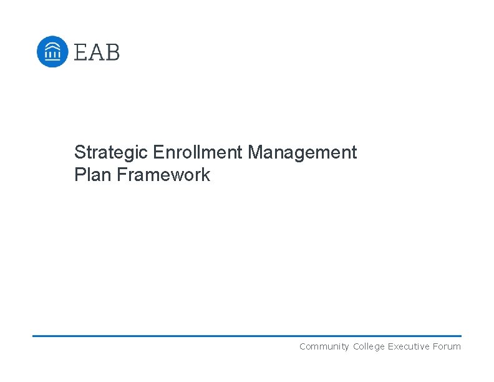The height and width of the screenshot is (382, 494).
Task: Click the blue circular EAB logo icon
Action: (52, 51)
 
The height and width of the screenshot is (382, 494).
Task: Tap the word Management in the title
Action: (303, 152)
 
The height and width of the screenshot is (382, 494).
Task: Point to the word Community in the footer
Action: (324, 346)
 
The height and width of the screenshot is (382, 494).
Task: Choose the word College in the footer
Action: (369, 346)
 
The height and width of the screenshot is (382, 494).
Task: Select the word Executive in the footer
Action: (409, 346)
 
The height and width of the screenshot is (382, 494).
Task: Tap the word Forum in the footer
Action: (447, 346)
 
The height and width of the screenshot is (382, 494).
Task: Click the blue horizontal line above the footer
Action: (247, 336)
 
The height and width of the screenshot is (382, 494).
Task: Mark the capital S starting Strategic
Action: (79, 152)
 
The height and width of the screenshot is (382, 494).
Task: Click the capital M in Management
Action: (255, 152)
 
